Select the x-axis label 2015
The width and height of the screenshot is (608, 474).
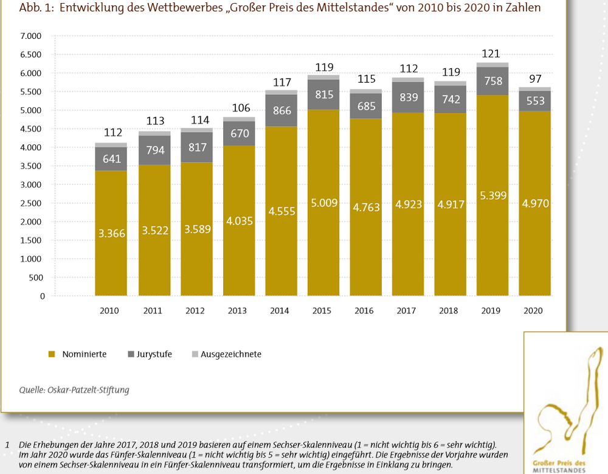322,311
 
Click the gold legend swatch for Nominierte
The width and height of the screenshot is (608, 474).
52,354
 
